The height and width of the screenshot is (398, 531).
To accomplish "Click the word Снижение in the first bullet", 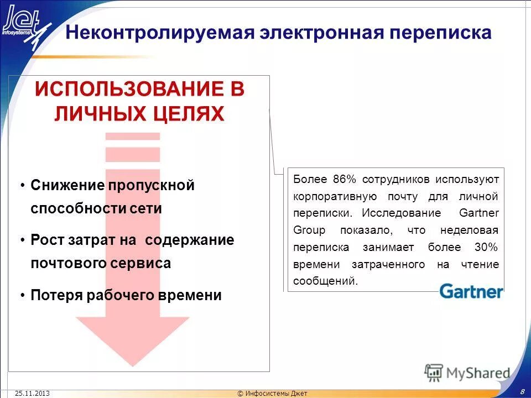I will click(67, 185).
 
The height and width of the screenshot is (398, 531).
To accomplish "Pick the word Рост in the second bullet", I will click(46, 240).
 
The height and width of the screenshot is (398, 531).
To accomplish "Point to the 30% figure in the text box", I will click(486, 247).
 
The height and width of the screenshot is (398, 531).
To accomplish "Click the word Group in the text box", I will click(309, 230).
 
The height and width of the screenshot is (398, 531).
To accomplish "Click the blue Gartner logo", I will click(471, 291).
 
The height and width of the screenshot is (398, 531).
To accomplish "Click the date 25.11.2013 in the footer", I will click(33, 393).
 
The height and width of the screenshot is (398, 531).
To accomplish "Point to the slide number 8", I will click(522, 391).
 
